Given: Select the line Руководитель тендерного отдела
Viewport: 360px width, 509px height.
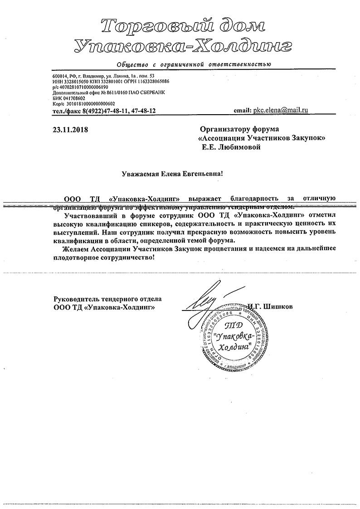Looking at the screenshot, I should [107, 299].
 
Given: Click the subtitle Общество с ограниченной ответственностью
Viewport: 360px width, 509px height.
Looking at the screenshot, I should [194, 64].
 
